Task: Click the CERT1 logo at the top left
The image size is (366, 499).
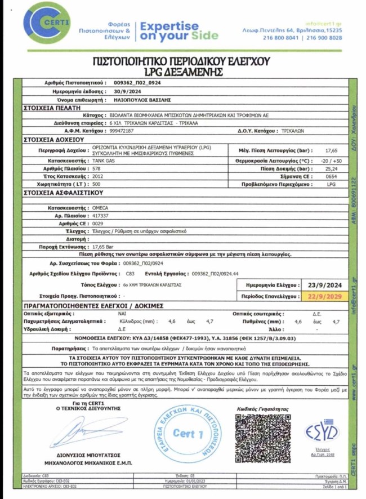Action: (x=47, y=23)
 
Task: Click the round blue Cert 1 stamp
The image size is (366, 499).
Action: (x=188, y=434)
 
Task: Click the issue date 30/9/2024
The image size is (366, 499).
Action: (x=123, y=90)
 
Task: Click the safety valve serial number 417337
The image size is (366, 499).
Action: (x=101, y=216)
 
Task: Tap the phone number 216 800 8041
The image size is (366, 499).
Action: (x=282, y=38)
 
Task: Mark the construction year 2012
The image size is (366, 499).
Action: (x=99, y=176)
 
